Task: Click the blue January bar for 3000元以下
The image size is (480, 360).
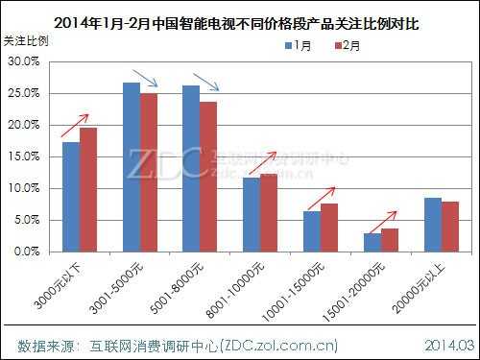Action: click(x=71, y=197)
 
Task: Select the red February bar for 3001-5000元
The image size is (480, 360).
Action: click(x=148, y=172)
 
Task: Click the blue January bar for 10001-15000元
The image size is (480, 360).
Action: click(x=311, y=231)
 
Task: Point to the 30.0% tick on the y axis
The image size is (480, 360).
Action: click(x=23, y=61)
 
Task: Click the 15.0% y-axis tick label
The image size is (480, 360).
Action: click(x=23, y=156)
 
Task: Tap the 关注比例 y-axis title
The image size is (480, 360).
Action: click(x=23, y=42)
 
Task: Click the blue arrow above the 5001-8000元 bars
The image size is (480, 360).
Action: click(x=205, y=82)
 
